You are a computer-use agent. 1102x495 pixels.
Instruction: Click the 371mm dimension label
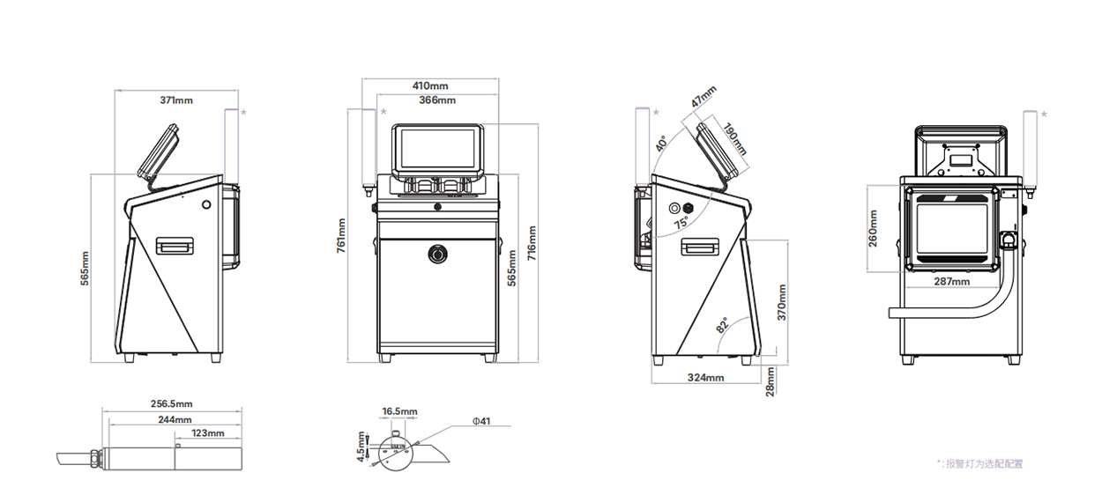(x=176, y=100)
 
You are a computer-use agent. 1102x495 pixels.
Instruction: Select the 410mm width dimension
(x=430, y=85)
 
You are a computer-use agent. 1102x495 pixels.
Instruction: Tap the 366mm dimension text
(x=437, y=100)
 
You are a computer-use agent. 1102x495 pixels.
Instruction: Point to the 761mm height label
(x=341, y=235)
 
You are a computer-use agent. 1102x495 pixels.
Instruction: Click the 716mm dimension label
(x=532, y=243)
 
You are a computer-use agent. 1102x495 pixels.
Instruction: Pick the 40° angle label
(x=662, y=143)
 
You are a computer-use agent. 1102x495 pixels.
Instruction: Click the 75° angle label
(x=681, y=224)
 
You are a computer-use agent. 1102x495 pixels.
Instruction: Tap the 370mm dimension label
(x=782, y=302)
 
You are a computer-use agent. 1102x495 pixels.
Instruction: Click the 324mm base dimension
(x=706, y=378)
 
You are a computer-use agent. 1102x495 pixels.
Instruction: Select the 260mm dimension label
(x=874, y=228)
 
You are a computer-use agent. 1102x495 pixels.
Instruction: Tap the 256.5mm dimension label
(x=172, y=403)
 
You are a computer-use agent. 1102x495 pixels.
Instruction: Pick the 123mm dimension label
(x=208, y=432)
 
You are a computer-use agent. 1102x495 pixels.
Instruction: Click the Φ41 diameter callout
(x=481, y=421)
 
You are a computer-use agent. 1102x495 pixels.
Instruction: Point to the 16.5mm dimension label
(x=399, y=411)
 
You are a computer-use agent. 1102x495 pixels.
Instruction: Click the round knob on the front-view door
(x=437, y=254)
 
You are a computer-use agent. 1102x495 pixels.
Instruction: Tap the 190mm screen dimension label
(x=734, y=138)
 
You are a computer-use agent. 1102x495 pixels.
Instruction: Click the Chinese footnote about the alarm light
(x=980, y=463)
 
